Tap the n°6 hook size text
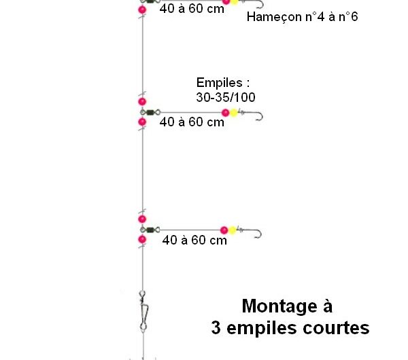(x=348, y=16)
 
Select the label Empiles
(x=220, y=83)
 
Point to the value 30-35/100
(x=226, y=98)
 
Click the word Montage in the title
(x=279, y=307)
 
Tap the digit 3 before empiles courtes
(x=216, y=328)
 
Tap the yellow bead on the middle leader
(x=234, y=113)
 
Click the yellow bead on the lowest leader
(x=232, y=230)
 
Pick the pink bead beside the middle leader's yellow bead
(x=225, y=113)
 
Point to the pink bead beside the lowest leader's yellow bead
(x=224, y=230)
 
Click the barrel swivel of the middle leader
(x=150, y=113)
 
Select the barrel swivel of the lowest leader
(x=150, y=230)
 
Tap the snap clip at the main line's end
(x=143, y=311)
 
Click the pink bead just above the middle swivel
(x=142, y=102)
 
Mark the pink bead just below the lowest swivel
(x=142, y=239)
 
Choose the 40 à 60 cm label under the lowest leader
(x=194, y=240)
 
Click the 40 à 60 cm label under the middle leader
(x=192, y=122)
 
